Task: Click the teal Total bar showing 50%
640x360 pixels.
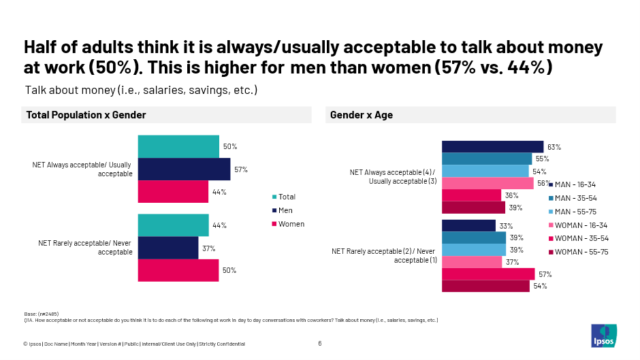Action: coord(178,146)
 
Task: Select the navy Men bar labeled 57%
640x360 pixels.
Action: coord(184,169)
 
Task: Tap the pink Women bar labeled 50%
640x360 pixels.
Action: coord(178,270)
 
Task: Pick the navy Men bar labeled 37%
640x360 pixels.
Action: coord(168,248)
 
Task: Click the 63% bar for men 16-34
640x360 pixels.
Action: coord(492,147)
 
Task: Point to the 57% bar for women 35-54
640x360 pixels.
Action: coord(488,274)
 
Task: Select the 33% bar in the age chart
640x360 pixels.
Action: coord(468,226)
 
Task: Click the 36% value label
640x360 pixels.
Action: coord(511,195)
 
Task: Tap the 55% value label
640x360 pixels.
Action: coord(542,159)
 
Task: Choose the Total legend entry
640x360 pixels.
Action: coord(286,197)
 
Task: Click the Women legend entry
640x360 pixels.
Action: coord(291,224)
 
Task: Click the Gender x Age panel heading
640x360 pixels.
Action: coord(362,116)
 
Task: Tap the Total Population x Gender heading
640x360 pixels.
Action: coord(86,116)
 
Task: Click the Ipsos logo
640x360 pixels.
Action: coord(603,335)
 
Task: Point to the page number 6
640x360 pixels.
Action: coord(320,344)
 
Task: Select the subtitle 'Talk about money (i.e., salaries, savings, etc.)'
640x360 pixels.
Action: coord(141,90)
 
